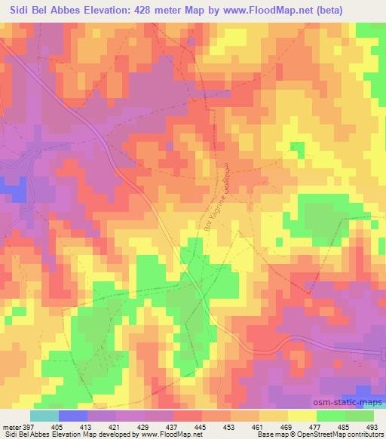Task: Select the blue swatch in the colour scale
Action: point(72,416)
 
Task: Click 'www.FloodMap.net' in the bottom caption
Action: point(168,434)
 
